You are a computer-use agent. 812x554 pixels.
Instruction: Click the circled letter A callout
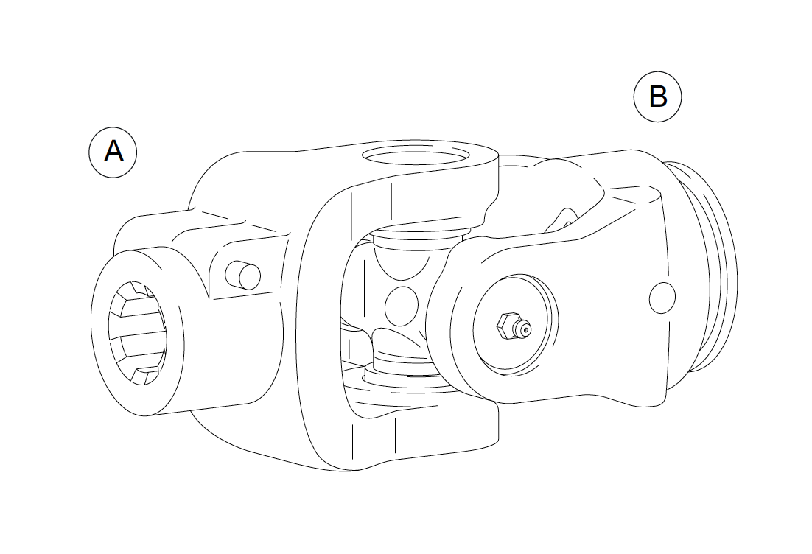(113, 152)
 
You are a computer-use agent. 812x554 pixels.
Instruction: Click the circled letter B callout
(658, 97)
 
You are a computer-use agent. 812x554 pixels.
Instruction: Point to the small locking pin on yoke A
(243, 275)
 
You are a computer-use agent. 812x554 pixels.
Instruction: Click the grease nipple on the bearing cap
(514, 327)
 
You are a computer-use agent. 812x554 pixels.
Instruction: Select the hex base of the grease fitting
(504, 326)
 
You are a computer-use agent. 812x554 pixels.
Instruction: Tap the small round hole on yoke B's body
(662, 298)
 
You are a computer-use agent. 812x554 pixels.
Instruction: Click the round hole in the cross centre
(402, 306)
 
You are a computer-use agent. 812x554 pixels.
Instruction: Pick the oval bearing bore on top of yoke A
(414, 155)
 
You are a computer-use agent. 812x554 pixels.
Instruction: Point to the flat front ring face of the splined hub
(137, 333)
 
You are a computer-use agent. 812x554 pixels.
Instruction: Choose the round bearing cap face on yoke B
(516, 324)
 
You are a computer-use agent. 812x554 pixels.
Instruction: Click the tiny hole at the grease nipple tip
(526, 329)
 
